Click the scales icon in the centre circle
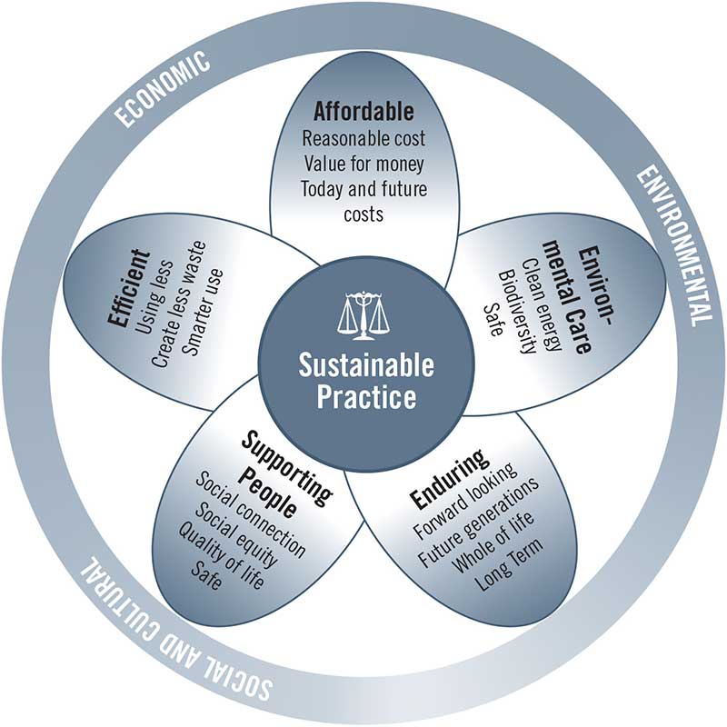click(x=363, y=314)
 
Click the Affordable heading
click(x=363, y=113)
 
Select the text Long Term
click(x=513, y=563)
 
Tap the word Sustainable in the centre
click(x=366, y=366)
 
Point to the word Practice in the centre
click(x=366, y=397)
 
